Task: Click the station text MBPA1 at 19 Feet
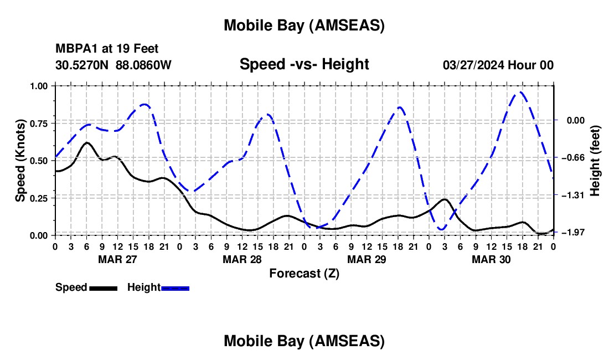point(107,49)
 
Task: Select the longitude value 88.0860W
point(143,65)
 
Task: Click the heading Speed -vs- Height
point(304,64)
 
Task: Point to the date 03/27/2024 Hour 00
point(498,65)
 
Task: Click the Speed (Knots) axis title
point(20,161)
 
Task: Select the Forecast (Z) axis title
point(304,272)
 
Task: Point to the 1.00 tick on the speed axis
point(39,86)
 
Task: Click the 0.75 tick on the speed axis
point(39,123)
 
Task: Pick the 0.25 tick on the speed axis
point(39,198)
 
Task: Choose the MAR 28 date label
point(242,259)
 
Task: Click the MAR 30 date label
point(491,259)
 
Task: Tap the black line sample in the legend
point(103,288)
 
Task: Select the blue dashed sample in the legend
point(175,288)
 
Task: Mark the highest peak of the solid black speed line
point(87,142)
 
